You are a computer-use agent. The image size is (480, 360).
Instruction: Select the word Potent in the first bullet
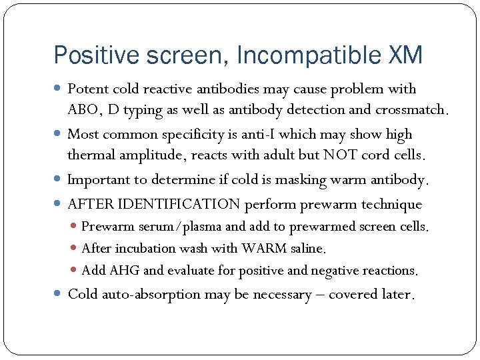(x=89, y=89)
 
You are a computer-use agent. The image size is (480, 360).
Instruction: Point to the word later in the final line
(x=397, y=294)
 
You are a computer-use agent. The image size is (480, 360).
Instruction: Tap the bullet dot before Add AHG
(x=75, y=271)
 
